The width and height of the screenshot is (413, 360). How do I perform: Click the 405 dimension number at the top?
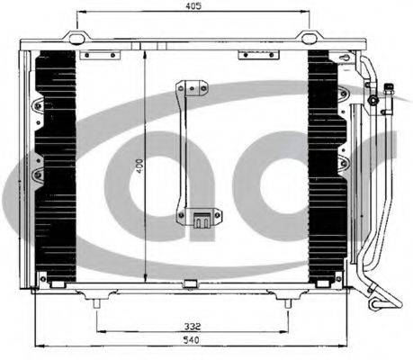[x=193, y=6]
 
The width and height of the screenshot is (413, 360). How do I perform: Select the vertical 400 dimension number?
[x=139, y=166]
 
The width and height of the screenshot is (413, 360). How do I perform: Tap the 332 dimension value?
[x=193, y=326]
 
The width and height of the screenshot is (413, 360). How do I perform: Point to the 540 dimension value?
[x=192, y=340]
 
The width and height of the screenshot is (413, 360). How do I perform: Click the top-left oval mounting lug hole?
[x=76, y=38]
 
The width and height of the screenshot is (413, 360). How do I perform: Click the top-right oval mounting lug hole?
[x=309, y=38]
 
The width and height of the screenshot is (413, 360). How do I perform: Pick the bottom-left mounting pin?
[x=96, y=303]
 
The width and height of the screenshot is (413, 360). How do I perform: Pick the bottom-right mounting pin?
[x=288, y=303]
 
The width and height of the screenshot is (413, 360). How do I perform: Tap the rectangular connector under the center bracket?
[x=202, y=220]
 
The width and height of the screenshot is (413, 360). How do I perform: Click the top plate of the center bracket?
[x=193, y=87]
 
